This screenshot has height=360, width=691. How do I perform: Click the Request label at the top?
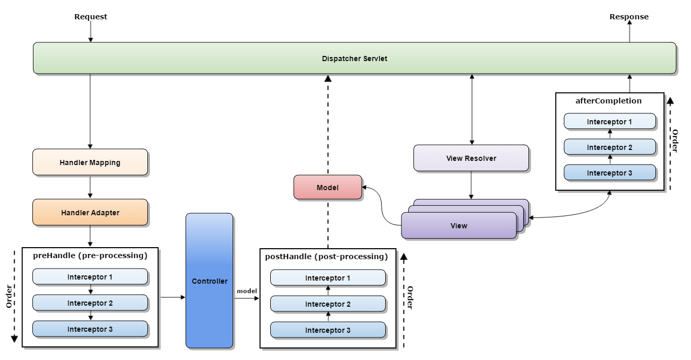(x=90, y=17)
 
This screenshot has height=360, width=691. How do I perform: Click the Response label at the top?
(x=629, y=17)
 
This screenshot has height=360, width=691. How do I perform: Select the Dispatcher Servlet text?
(x=354, y=59)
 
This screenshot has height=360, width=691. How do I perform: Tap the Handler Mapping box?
(x=90, y=162)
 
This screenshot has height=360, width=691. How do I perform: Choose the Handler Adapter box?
(x=90, y=213)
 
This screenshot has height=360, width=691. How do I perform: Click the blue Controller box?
(x=209, y=281)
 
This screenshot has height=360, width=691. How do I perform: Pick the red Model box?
(x=328, y=188)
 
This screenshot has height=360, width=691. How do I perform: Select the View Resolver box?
(x=471, y=158)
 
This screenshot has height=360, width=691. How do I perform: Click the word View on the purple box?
(x=458, y=226)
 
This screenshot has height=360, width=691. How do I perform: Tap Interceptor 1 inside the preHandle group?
(x=90, y=277)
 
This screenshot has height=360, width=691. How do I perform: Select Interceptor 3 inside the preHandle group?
(x=90, y=329)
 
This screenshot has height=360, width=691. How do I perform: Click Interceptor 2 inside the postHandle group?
(x=328, y=304)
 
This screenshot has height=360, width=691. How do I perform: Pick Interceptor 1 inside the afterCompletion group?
(x=609, y=122)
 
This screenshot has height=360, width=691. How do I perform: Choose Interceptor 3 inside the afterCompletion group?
(x=609, y=173)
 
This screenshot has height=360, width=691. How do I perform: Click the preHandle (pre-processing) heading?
(x=90, y=256)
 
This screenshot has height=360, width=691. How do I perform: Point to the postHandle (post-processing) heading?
(x=327, y=257)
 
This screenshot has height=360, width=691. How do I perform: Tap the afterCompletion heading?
(x=608, y=101)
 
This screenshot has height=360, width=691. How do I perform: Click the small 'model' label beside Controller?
(x=246, y=291)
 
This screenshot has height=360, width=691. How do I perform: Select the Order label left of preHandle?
(x=9, y=296)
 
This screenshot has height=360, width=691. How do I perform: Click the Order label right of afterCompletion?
(x=674, y=141)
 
